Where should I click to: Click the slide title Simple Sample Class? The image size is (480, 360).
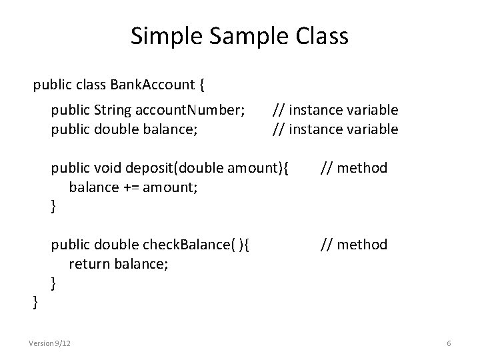(x=239, y=36)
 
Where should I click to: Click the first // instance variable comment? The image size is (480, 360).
(x=335, y=109)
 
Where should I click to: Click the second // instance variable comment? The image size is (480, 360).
(x=335, y=129)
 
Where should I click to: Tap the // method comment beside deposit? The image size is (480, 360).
(x=353, y=167)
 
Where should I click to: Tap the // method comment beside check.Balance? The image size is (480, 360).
(x=353, y=245)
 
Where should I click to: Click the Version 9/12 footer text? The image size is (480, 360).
(x=51, y=343)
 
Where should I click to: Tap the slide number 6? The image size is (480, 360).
(x=449, y=343)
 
